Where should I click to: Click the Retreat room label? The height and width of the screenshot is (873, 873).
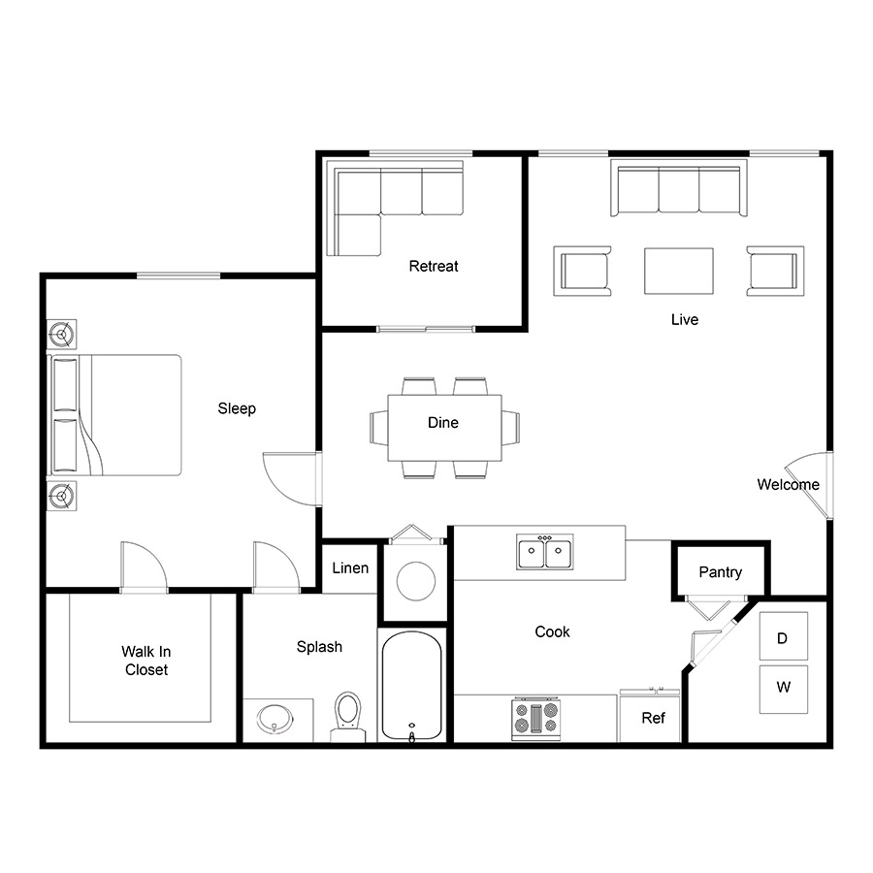[434, 266]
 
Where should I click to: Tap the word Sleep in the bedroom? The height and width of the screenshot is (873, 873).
[237, 408]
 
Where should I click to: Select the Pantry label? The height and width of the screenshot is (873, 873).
[721, 572]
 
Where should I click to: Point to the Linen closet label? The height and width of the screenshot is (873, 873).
[350, 567]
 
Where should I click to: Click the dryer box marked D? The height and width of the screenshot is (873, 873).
[784, 635]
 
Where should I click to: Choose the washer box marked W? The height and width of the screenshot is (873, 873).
[784, 689]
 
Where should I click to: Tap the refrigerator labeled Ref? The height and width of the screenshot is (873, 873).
[650, 717]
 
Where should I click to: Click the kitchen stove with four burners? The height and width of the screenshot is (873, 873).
[536, 718]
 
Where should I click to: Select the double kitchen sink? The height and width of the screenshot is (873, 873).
[545, 552]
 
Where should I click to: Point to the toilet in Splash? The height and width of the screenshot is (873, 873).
[348, 717]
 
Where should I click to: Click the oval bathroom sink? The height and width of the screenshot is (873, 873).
[275, 719]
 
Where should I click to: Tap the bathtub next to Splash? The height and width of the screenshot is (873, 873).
[412, 686]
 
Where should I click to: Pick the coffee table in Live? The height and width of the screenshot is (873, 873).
[679, 272]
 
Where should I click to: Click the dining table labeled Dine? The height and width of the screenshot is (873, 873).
[444, 428]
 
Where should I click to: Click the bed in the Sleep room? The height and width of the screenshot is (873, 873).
[114, 415]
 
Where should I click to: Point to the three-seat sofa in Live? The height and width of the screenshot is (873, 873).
[679, 188]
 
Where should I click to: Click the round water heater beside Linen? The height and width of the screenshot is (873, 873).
[416, 581]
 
